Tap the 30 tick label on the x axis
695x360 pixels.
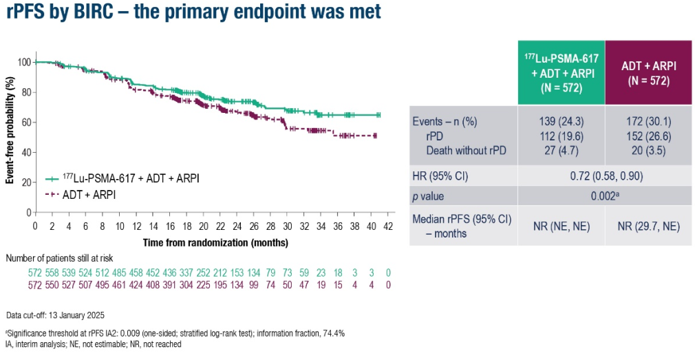[287, 226]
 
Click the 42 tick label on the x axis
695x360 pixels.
[388, 226]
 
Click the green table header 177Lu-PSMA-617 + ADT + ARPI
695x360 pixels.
[561, 72]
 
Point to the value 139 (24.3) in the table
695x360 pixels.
[561, 121]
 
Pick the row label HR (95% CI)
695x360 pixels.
[440, 176]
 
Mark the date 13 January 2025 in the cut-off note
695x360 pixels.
[81, 316]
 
